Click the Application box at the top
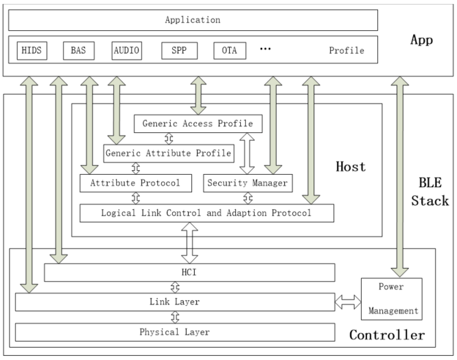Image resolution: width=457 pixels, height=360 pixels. pos(192,20)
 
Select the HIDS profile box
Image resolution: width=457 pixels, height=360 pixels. pos(32,51)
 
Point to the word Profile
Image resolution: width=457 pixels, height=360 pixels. pos(347,51)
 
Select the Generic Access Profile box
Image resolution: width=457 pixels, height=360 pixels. pos(198,124)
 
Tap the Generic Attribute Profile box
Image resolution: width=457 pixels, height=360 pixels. pos(167,152)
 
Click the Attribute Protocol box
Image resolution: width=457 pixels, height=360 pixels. pos(134,183)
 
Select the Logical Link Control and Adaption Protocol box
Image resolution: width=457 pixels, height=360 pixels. pos(207,213)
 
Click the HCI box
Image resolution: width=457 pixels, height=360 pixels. pos(189,273)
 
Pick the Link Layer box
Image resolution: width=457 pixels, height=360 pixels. pos(175,302)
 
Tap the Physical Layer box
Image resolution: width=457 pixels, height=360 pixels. pos(175,332)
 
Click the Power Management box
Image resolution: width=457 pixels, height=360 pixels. pos(391,300)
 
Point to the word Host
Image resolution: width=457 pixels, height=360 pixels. pos(351,167)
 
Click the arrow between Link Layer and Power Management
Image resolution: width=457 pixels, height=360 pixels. pos(348,302)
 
